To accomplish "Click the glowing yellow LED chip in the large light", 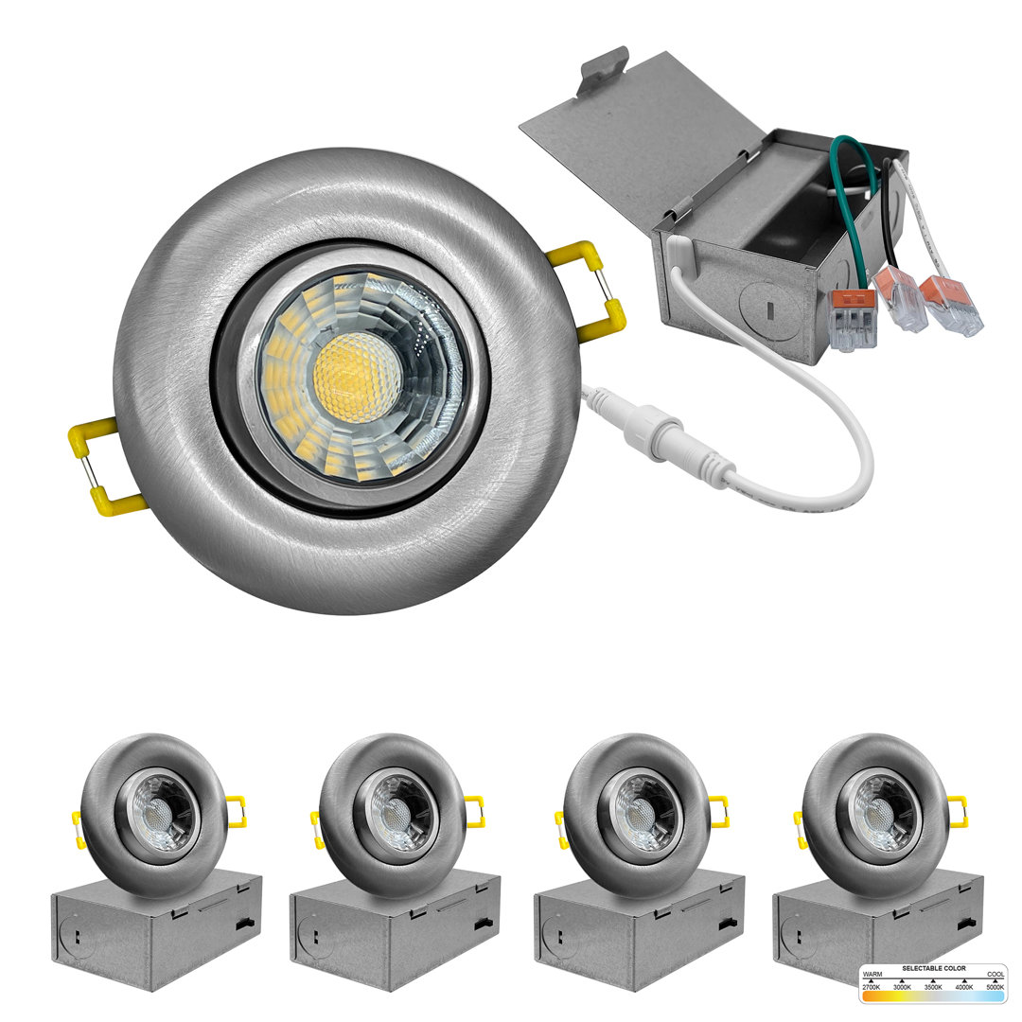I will [x=356, y=377].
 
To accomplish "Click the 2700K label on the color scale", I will [x=872, y=987].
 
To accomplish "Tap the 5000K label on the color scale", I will [x=994, y=987].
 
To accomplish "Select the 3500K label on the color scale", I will [x=933, y=987].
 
